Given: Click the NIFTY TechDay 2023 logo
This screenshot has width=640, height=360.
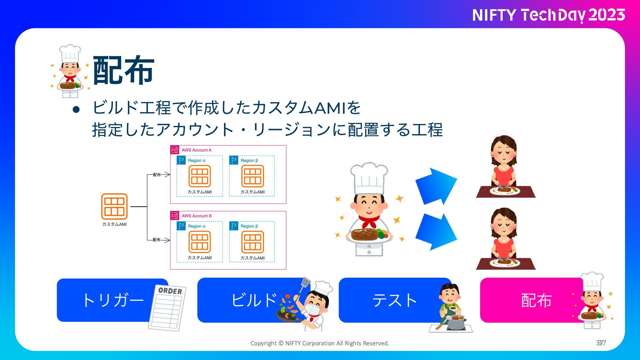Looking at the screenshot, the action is [548, 15].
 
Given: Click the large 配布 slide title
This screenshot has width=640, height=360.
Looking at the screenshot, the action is [123, 70].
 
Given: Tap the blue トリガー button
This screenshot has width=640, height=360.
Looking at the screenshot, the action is [113, 300].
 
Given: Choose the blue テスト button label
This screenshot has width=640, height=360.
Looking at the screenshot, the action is [395, 300].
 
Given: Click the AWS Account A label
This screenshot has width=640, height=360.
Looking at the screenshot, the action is [196, 150].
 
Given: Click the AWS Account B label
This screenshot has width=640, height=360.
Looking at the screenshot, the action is [196, 216].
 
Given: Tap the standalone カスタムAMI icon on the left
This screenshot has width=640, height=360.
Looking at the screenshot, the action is [114, 206].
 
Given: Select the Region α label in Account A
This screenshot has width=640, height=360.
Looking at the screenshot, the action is [197, 160].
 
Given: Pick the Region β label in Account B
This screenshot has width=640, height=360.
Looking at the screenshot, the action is [249, 226].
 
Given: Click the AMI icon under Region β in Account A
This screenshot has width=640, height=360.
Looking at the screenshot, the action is [253, 176].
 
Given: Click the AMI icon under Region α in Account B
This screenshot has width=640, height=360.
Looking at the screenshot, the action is [200, 242].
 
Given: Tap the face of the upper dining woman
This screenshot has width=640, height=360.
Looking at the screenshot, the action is [504, 154].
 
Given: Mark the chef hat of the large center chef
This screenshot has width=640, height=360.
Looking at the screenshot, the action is [369, 178].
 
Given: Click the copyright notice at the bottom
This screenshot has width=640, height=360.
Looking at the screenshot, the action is [320, 343].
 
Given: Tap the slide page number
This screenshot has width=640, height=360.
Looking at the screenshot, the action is [601, 343].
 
